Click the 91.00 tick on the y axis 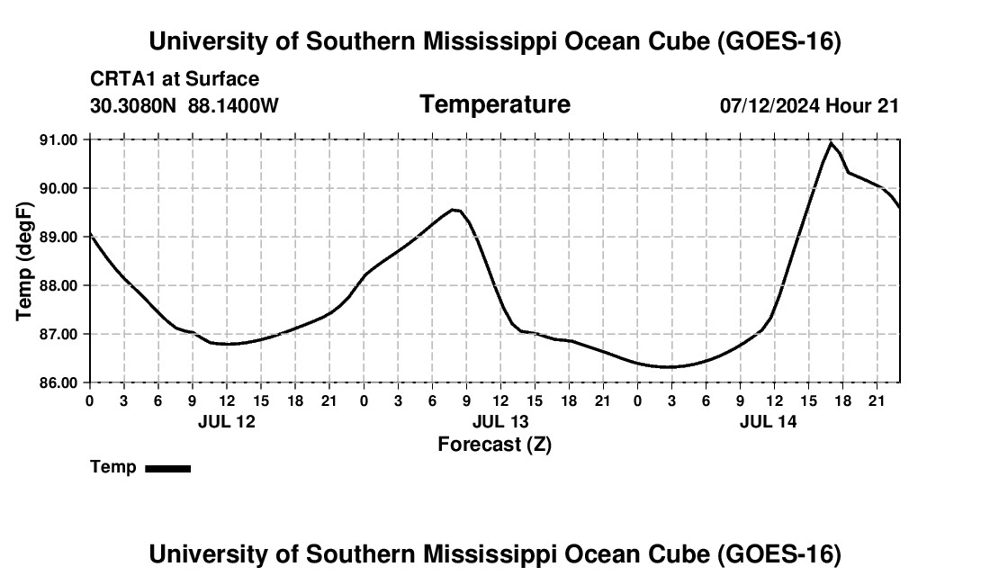pyautogui.click(x=58, y=139)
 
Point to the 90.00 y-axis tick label pyautogui.click(x=58, y=189)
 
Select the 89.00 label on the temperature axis pyautogui.click(x=58, y=238)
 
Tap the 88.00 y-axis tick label pyautogui.click(x=58, y=286)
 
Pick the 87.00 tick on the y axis pyautogui.click(x=58, y=335)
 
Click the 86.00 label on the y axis pyautogui.click(x=58, y=383)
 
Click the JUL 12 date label pyautogui.click(x=227, y=421)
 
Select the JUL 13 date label pyautogui.click(x=500, y=421)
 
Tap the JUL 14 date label pyautogui.click(x=769, y=421)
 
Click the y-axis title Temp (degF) pyautogui.click(x=24, y=261)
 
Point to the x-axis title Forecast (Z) pyautogui.click(x=495, y=445)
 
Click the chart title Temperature pyautogui.click(x=495, y=104)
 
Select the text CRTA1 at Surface pyautogui.click(x=175, y=79)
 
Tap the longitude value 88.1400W pyautogui.click(x=233, y=105)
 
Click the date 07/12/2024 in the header pyautogui.click(x=769, y=105)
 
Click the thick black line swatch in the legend pyautogui.click(x=168, y=468)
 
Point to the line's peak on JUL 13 pyautogui.click(x=454, y=210)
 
